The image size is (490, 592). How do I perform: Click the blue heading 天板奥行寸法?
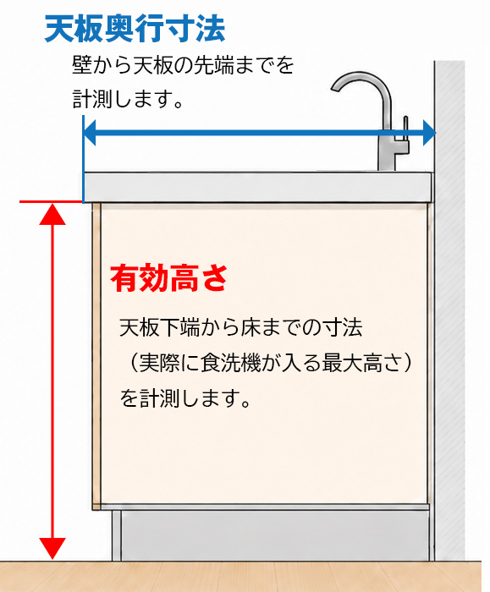(x=135, y=29)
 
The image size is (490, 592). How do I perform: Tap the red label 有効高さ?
(x=169, y=278)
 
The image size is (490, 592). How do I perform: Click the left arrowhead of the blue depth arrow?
(x=89, y=133)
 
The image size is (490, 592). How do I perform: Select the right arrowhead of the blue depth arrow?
(x=430, y=133)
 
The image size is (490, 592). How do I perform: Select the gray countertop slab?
(x=257, y=187)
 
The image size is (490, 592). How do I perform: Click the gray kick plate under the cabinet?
(x=275, y=535)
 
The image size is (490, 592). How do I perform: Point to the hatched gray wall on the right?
(x=449, y=310)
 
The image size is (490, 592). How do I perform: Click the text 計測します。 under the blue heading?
(x=128, y=99)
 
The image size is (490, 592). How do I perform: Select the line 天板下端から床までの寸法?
(x=240, y=327)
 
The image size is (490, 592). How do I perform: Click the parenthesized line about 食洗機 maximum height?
(x=267, y=363)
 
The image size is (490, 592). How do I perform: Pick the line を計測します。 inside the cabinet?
(x=185, y=398)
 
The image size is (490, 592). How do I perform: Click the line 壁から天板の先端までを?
(x=183, y=65)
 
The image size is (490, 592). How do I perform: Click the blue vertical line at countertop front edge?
(x=83, y=159)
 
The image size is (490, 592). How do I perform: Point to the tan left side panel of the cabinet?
(x=96, y=356)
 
